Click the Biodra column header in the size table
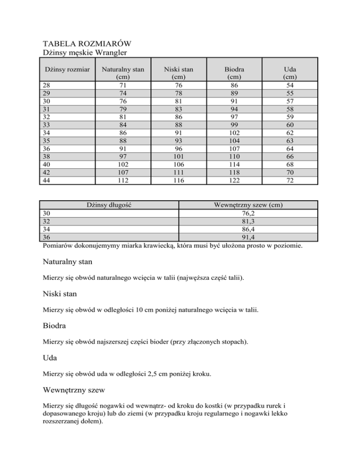tap(233, 69)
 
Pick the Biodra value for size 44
tap(233, 180)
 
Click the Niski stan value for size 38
tap(177, 157)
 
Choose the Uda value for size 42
tap(290, 172)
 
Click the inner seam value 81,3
tap(248, 221)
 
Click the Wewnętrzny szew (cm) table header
tap(248, 205)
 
